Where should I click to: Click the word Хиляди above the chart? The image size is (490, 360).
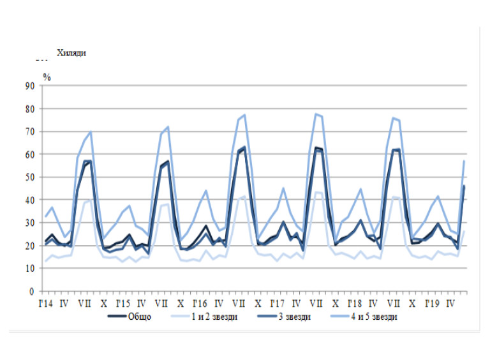coord(71,53)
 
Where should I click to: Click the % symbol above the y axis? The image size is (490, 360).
coord(47,77)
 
